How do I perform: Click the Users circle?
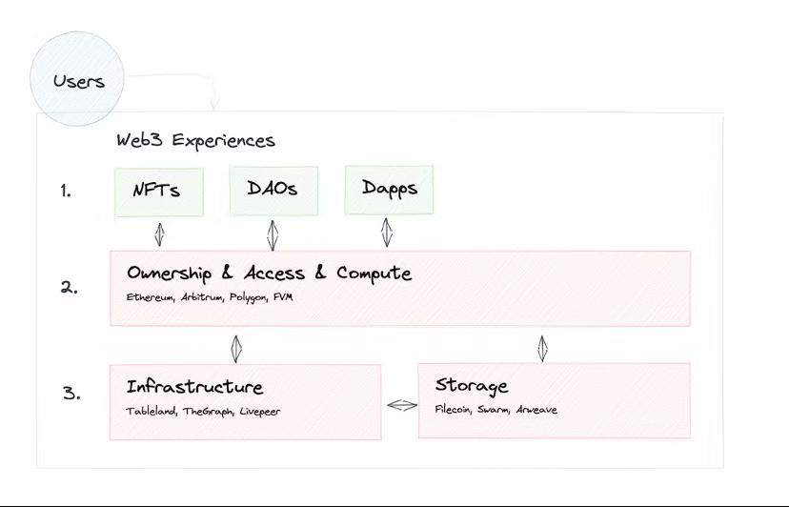(x=78, y=80)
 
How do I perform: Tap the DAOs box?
(x=273, y=190)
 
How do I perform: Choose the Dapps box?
(x=389, y=189)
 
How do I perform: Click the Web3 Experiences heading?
(x=195, y=140)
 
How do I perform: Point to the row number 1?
(x=65, y=191)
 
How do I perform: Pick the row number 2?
(x=69, y=287)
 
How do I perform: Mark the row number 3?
(x=71, y=392)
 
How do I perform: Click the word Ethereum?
(x=151, y=297)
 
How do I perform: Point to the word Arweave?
(x=536, y=410)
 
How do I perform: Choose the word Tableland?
(x=149, y=411)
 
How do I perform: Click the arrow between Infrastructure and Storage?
(x=401, y=405)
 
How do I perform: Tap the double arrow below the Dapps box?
(x=387, y=233)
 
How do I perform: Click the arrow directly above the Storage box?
(x=542, y=347)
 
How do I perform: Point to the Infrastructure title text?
(x=195, y=388)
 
